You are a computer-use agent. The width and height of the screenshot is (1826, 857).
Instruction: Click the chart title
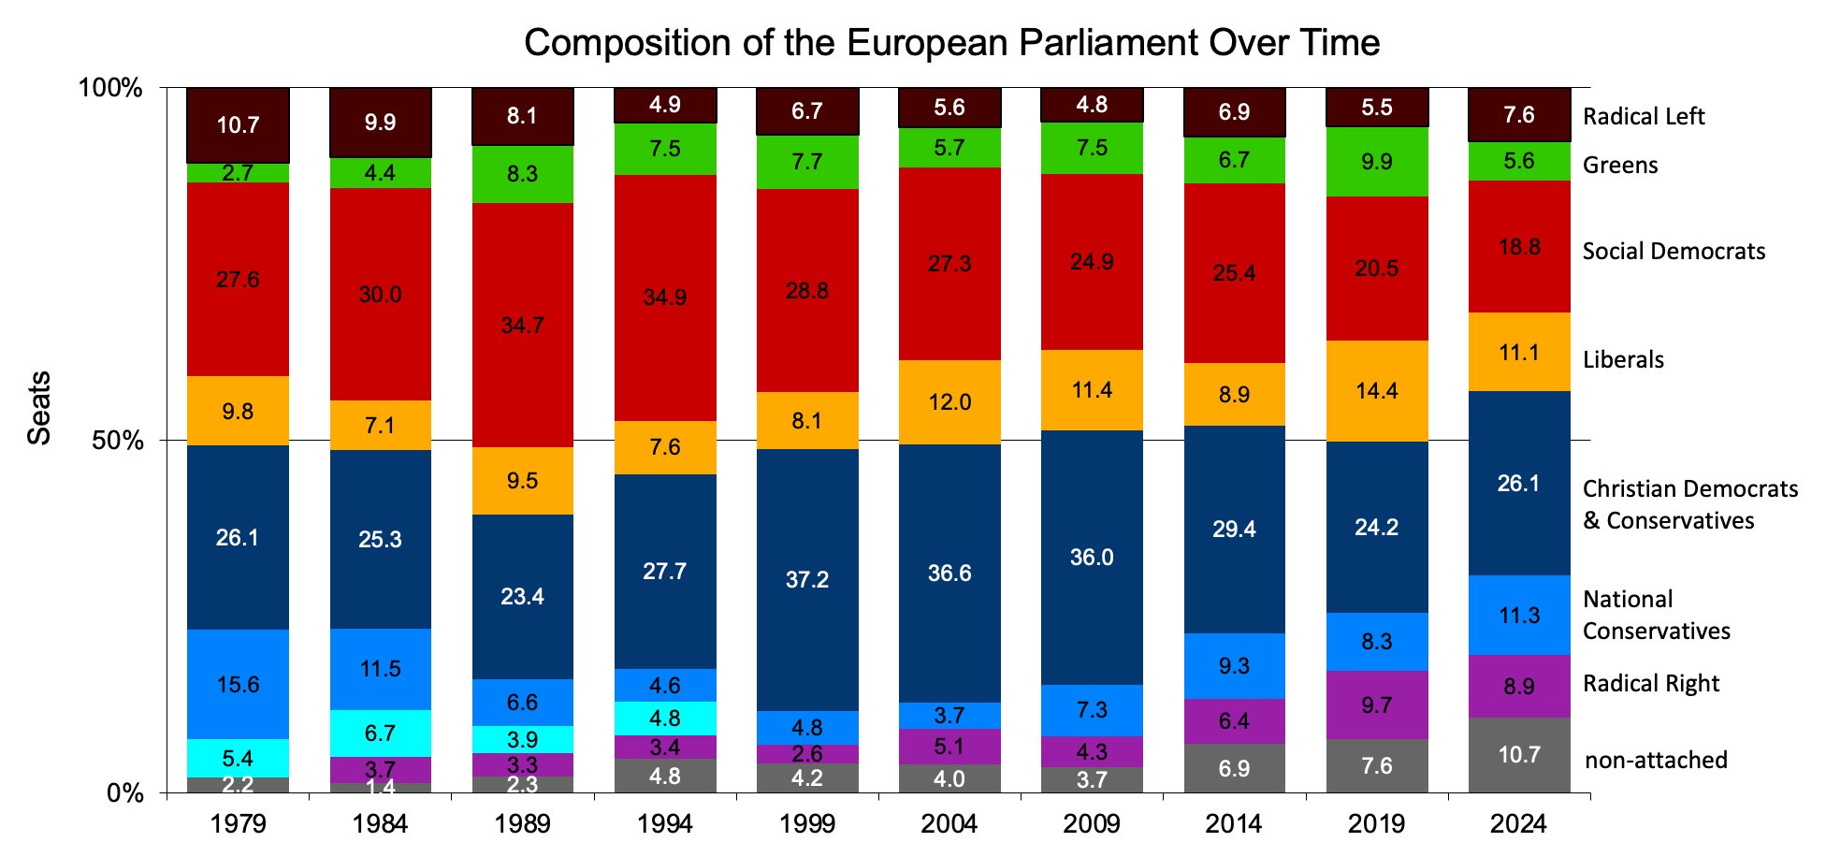pos(951,43)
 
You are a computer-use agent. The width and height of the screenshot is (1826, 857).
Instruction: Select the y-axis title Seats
pos(39,408)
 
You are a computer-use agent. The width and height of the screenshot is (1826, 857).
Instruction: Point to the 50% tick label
pos(117,441)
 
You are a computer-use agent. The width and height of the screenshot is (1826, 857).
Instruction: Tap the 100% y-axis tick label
pos(109,88)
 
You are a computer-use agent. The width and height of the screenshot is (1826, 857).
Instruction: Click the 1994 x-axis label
pos(664,824)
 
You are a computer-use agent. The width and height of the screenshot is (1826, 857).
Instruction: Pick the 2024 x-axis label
pos(1518,824)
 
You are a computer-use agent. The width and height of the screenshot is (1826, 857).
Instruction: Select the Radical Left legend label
pos(1644,117)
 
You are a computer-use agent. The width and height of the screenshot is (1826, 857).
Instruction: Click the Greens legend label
pos(1620,166)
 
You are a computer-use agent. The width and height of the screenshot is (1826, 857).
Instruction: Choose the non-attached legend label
pos(1656,761)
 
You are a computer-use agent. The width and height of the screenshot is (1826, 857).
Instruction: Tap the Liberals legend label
pos(1623,360)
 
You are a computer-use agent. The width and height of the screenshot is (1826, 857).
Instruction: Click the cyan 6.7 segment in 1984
pos(380,734)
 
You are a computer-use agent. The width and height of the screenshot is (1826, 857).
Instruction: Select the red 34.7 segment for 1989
pos(522,325)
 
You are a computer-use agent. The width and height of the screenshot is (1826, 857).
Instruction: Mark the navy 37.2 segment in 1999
pos(806,579)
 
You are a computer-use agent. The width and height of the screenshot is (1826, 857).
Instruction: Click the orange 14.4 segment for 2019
pos(1376,390)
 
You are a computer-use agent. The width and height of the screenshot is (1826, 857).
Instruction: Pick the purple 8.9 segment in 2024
pos(1518,686)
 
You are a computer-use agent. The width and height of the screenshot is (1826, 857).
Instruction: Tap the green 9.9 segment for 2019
pos(1376,162)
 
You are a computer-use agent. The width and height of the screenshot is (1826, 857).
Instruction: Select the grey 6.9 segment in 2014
pos(1234,768)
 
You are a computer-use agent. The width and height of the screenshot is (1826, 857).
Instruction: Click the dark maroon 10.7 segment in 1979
pos(238,125)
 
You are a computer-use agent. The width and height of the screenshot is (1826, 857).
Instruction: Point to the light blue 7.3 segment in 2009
pos(1092,710)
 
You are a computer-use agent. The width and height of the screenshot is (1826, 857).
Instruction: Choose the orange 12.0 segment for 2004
pos(949,402)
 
